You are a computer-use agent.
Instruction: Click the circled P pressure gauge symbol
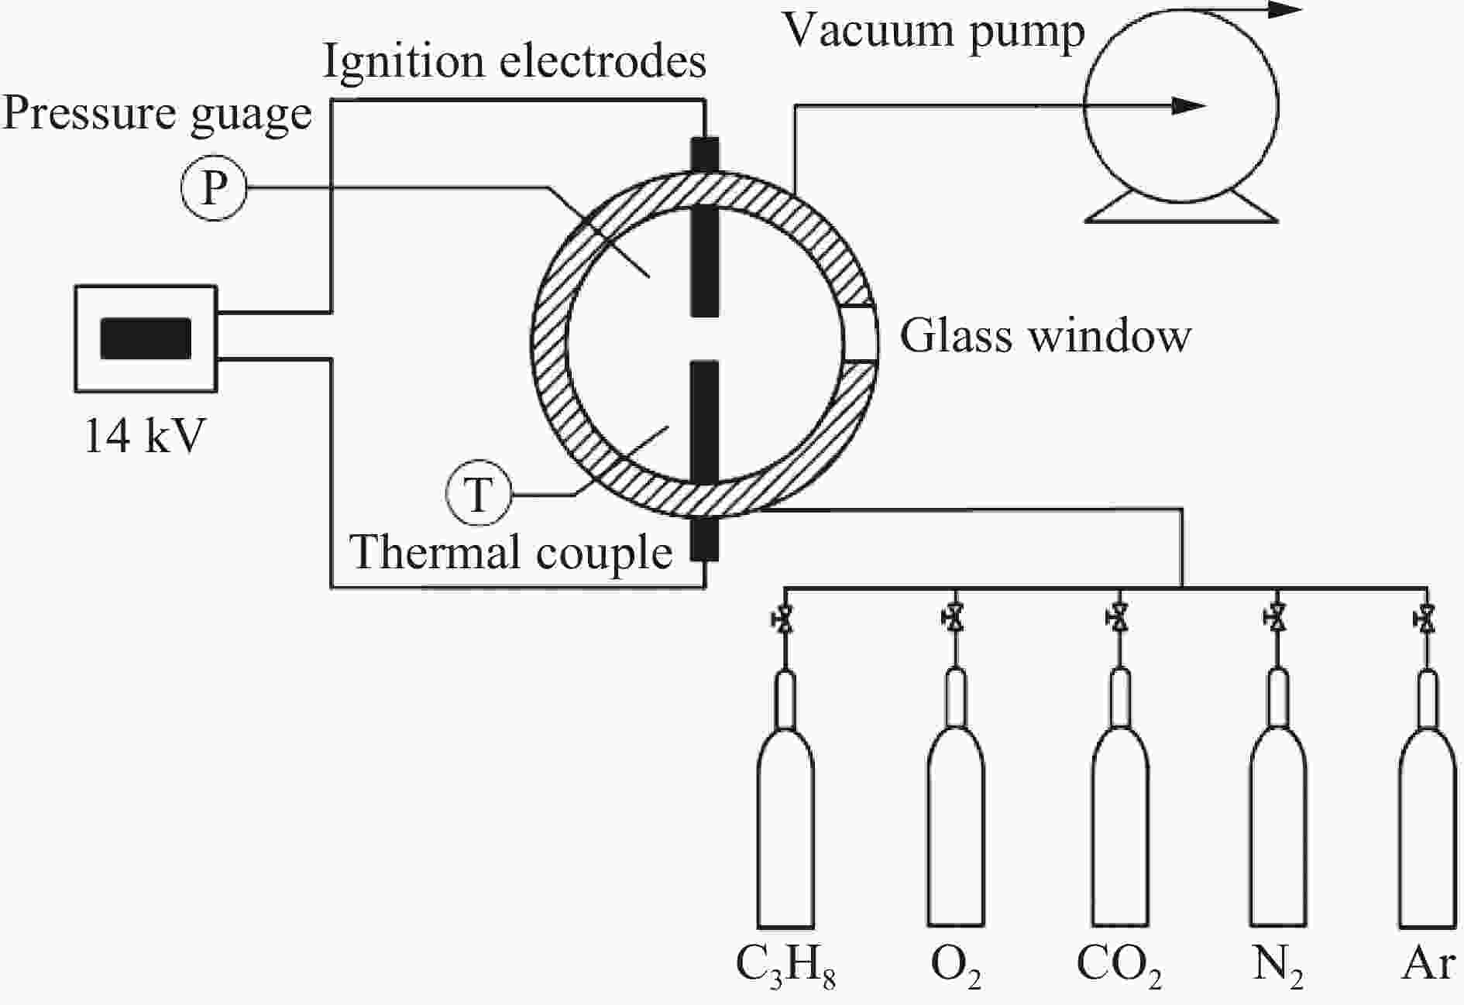[x=214, y=187]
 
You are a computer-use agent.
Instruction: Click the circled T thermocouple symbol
[x=479, y=494]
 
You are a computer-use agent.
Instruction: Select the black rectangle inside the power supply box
[x=146, y=338]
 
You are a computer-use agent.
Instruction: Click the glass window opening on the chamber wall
[x=860, y=334]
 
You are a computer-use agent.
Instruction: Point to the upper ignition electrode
[x=705, y=227]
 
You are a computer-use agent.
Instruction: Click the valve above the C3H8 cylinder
[x=784, y=619]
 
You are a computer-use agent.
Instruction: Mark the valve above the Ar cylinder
[x=1426, y=619]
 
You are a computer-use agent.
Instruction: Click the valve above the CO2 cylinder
[x=1118, y=619]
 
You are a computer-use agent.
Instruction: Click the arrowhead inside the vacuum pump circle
[x=1188, y=105]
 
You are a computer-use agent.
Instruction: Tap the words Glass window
[x=1045, y=336]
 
